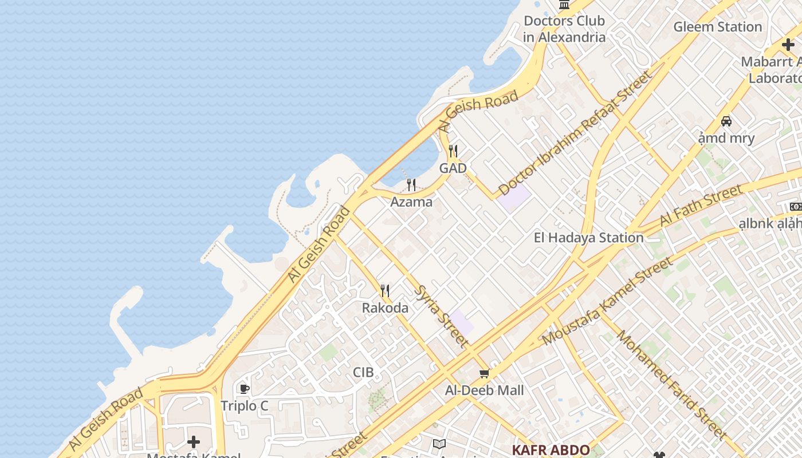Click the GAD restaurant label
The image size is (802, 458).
(453, 168)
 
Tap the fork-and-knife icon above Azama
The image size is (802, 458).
(411, 184)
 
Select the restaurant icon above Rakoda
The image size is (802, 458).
(385, 291)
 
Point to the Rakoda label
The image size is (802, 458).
(385, 308)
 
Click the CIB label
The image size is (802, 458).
(363, 373)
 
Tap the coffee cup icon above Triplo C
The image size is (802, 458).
(245, 389)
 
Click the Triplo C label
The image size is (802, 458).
(245, 406)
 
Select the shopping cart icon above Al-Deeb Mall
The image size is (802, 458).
(484, 374)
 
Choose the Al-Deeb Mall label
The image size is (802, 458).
(485, 390)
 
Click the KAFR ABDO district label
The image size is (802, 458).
(551, 450)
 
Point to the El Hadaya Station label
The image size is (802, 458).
(588, 238)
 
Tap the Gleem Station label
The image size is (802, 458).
(717, 27)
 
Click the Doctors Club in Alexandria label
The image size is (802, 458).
(564, 29)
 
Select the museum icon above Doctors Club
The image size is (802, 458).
(564, 5)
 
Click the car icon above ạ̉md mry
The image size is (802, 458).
(726, 121)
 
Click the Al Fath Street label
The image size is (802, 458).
(701, 207)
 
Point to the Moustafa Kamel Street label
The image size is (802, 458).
(607, 301)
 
